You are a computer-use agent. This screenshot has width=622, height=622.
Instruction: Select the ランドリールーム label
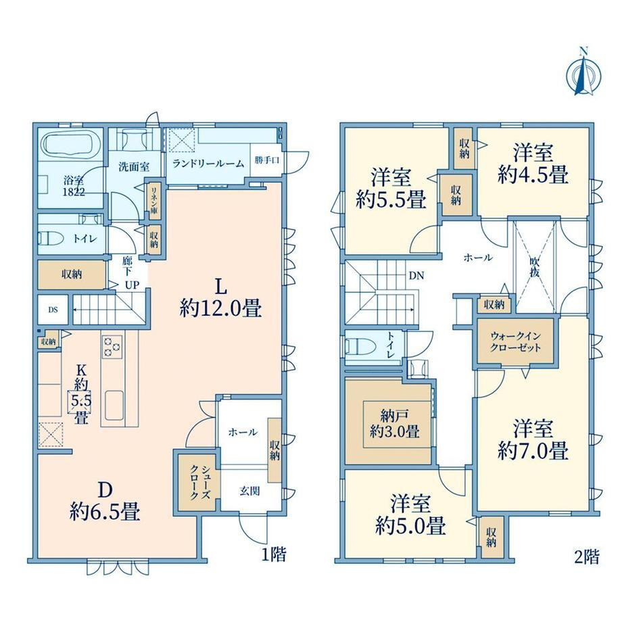point(209,163)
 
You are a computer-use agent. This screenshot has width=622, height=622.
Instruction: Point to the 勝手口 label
point(267,160)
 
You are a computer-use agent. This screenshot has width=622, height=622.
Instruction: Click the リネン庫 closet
point(153,201)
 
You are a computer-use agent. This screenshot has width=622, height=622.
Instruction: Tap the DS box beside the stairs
point(53,310)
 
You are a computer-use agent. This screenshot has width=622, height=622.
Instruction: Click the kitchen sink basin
point(114,404)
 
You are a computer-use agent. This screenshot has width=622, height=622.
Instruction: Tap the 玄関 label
point(249,491)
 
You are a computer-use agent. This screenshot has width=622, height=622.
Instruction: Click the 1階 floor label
point(274,554)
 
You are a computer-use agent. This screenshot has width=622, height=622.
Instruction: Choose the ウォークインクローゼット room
point(515,342)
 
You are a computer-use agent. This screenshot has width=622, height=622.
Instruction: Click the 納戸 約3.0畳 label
point(395,424)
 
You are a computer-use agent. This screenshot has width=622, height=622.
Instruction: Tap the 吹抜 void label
point(535,268)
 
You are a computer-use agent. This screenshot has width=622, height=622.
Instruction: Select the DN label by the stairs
point(416,275)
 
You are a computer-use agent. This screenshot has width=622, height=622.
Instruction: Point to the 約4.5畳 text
point(533,174)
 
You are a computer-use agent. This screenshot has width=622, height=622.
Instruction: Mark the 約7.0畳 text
point(533,451)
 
